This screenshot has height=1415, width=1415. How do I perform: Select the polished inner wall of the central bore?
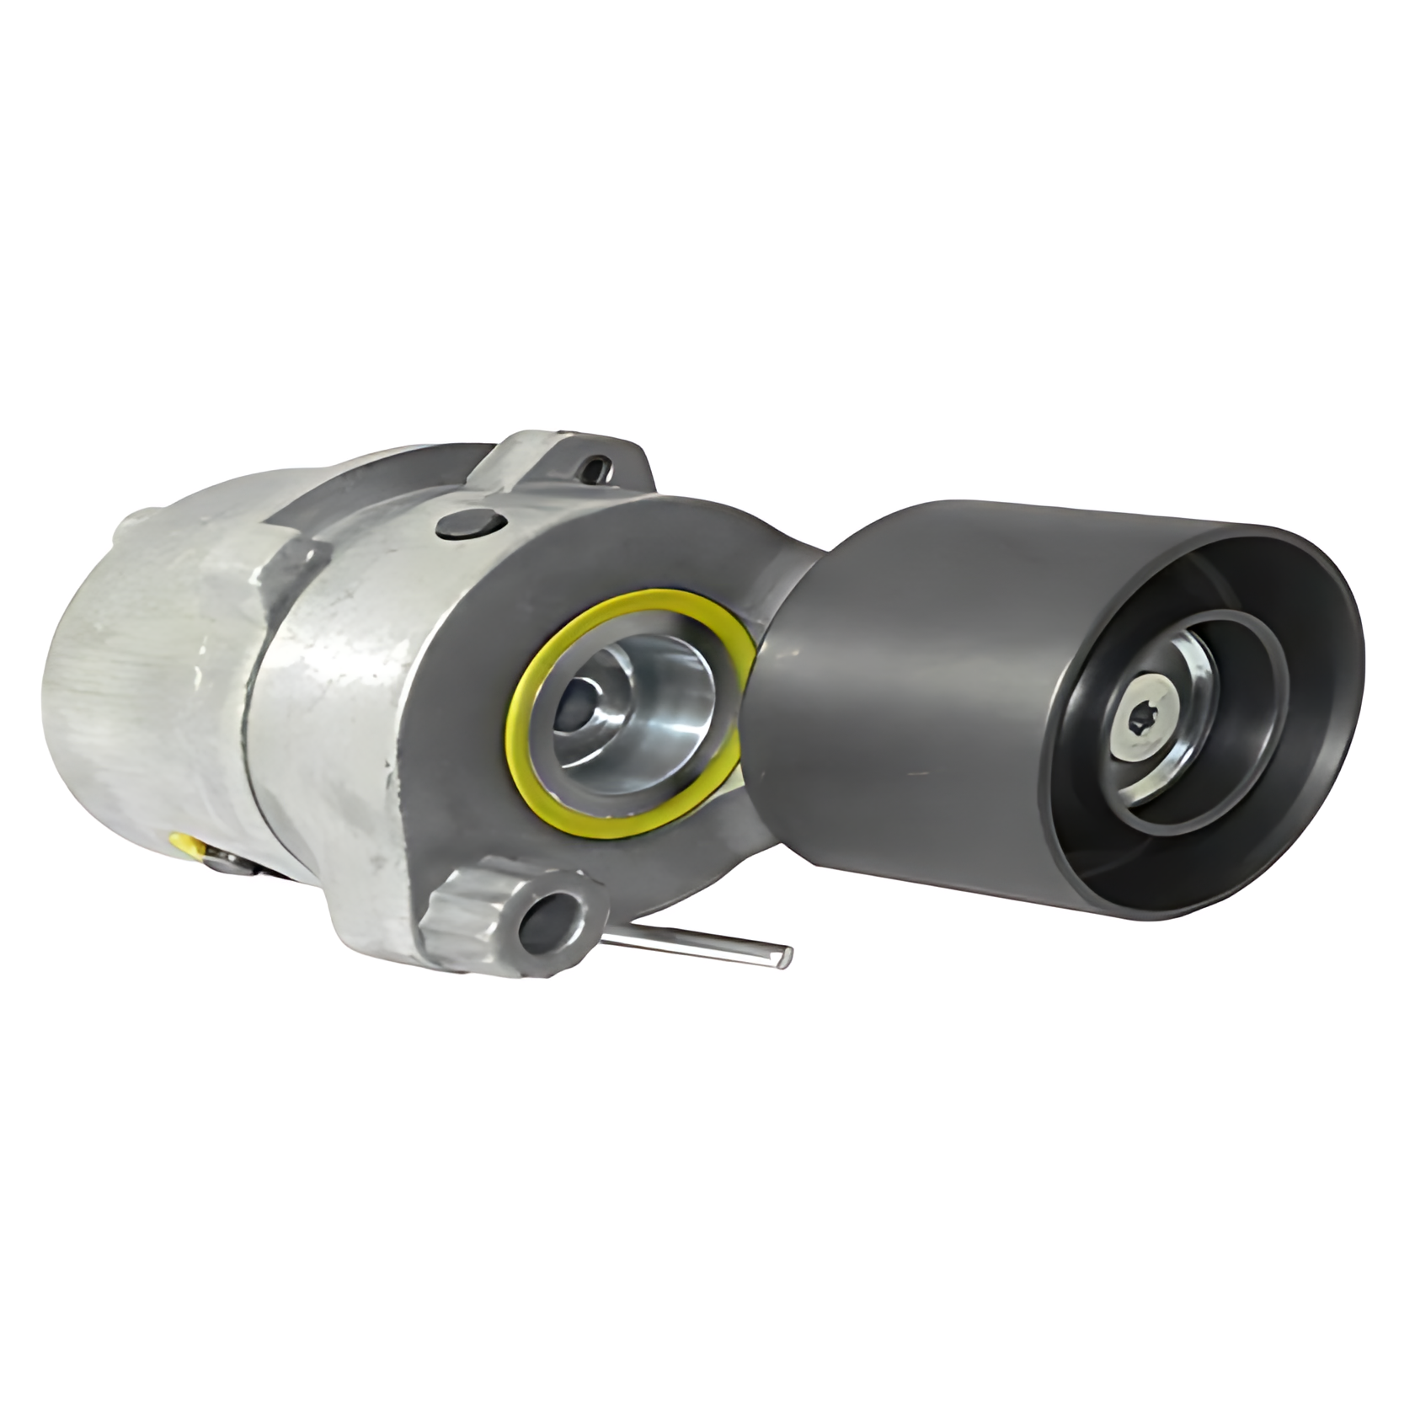pyautogui.click(x=674, y=716)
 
